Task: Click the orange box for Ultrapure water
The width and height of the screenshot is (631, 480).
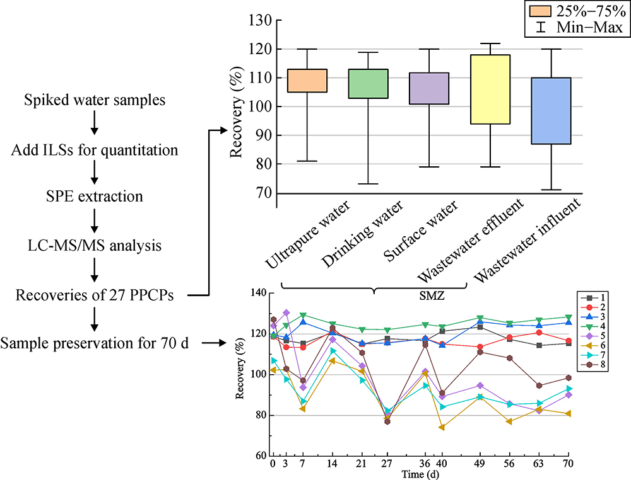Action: coord(308,81)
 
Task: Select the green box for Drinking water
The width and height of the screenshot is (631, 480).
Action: coord(369,84)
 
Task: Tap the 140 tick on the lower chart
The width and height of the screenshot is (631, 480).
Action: coord(259,293)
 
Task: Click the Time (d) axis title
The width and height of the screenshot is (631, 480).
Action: coord(420,474)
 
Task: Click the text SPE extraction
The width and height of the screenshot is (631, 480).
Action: coord(95,197)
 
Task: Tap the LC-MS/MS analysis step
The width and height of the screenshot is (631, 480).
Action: coord(95,245)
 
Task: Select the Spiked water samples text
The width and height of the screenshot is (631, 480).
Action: coord(95,100)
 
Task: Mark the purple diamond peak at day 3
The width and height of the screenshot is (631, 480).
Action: coord(286,312)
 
